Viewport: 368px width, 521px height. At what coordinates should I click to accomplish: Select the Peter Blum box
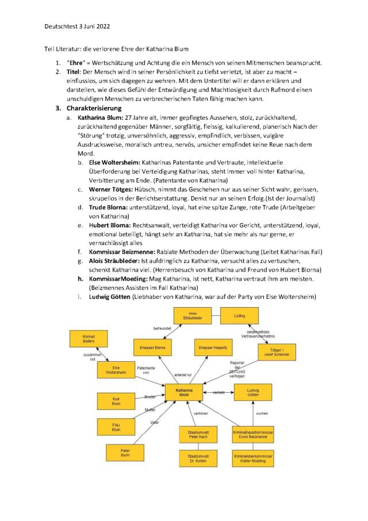(125, 453)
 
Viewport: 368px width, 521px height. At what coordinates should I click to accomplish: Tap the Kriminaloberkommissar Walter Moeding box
(252, 458)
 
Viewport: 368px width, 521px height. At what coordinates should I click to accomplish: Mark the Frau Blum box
(116, 426)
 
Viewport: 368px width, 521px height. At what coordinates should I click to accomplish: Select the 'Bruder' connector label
(151, 397)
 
